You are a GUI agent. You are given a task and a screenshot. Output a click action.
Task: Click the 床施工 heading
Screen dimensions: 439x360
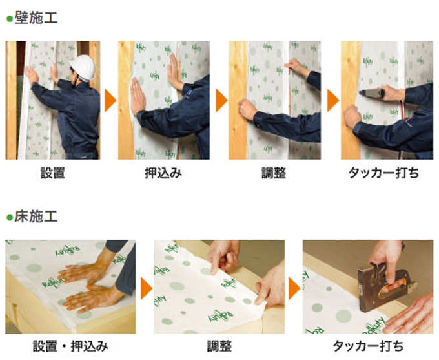36,217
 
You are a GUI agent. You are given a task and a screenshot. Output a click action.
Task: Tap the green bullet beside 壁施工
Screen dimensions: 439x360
10,19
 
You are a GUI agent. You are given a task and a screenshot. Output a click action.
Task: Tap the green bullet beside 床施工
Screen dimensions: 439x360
10,217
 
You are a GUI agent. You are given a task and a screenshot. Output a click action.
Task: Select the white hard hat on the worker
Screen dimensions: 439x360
83,67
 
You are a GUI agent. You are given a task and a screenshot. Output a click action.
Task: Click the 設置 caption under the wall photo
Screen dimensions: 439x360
53,173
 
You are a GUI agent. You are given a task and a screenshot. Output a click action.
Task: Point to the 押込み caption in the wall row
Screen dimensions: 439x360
163,173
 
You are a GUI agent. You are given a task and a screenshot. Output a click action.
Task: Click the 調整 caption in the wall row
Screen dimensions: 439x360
274,173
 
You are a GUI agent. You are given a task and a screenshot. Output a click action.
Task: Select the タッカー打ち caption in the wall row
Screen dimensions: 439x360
383,173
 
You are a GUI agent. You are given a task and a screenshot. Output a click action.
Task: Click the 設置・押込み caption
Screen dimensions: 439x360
70,346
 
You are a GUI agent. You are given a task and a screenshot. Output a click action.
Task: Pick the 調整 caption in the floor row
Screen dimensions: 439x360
219,346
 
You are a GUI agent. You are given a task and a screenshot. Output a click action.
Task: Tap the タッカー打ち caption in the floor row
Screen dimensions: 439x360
368,346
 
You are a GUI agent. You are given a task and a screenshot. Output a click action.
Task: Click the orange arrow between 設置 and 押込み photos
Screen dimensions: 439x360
110,100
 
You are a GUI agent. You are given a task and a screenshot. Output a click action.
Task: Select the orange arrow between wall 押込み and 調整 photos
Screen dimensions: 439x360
221,100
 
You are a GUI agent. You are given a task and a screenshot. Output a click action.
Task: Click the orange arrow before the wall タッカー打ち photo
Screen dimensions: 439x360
333,100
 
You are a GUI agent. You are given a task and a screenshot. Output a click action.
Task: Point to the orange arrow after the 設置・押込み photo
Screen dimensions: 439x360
146,288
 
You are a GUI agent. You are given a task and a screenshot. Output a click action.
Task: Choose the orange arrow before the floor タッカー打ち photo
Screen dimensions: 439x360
294,288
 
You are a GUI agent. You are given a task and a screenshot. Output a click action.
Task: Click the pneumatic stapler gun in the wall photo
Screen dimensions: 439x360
373,93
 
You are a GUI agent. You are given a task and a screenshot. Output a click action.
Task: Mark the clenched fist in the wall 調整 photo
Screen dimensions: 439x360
247,109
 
